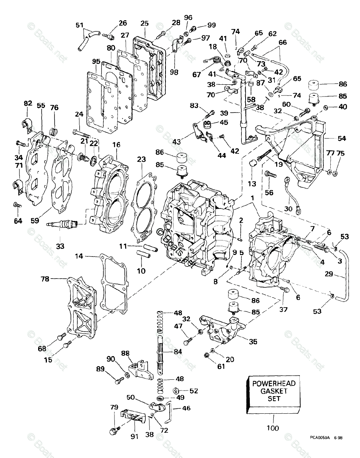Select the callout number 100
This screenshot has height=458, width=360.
tap(273, 428)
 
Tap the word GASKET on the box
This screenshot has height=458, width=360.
tap(274, 391)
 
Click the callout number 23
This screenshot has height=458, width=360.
tap(141, 160)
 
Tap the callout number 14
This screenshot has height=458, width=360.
tap(79, 257)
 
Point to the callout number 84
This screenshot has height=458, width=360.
tap(178, 352)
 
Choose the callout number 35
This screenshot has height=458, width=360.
tap(253, 342)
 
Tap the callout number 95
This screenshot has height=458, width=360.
tap(96, 62)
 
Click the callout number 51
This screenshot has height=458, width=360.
tap(79, 25)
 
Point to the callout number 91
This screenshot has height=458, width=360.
tap(134, 437)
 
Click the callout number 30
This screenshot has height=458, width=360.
tap(289, 209)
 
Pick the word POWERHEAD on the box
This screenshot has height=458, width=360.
tap(274, 384)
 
